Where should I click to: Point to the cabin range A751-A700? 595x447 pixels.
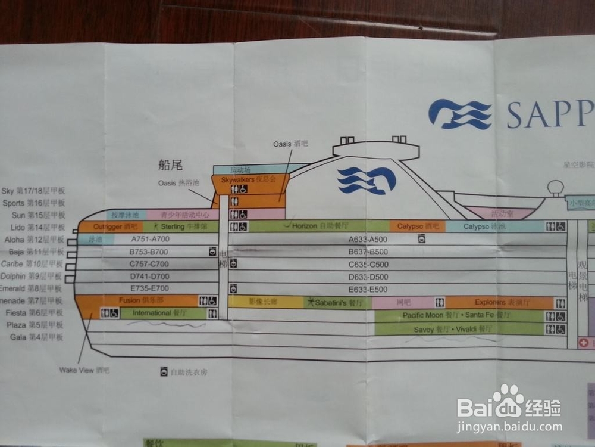(x=150, y=239)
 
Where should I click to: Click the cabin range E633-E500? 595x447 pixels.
(x=368, y=290)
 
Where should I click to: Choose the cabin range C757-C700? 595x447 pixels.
(x=149, y=264)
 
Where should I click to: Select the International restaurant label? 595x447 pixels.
(x=160, y=313)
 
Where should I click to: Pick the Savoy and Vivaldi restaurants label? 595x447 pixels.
(x=453, y=329)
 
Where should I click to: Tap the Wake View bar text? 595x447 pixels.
(x=84, y=370)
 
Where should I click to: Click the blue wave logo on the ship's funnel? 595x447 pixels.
(x=367, y=180)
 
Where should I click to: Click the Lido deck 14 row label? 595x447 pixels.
(x=37, y=227)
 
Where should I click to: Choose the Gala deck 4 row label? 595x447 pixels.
(x=36, y=337)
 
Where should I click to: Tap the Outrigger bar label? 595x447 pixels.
(x=115, y=226)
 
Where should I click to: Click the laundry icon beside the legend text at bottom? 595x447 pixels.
(x=164, y=372)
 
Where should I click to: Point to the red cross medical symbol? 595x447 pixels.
(x=585, y=343)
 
